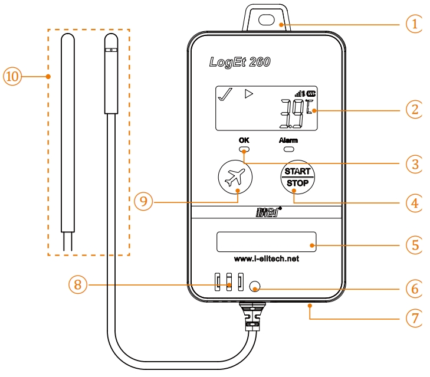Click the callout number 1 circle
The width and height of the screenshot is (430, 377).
pos(415,24)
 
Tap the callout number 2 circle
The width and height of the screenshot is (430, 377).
pos(415,110)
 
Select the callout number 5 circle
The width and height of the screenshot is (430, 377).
pos(415,243)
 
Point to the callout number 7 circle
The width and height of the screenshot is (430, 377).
pos(415,317)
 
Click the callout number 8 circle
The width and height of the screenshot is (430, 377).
pos(78,286)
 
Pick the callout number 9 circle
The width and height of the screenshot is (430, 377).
pos(143,202)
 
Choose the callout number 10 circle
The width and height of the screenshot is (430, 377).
pos(13,76)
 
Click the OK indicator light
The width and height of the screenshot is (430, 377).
pos(244,150)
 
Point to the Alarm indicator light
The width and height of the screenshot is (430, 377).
pos(288,150)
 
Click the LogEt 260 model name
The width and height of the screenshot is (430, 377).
pos(239,63)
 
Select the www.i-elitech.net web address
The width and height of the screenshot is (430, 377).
pos(266,259)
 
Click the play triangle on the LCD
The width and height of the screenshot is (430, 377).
pos(250,93)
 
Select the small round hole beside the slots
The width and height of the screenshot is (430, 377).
pos(255,287)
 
